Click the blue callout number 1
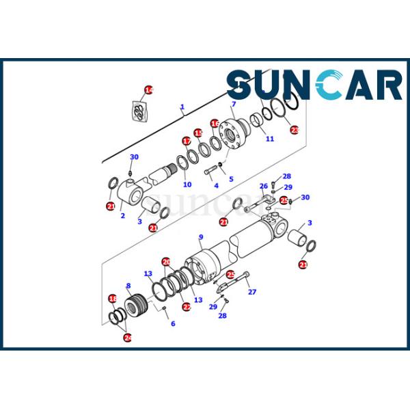pos(182,107)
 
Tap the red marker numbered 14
pos(148,90)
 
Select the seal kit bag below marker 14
pos(139,111)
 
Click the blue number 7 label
pos(234,104)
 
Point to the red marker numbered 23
pos(295,130)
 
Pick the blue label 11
pos(270,139)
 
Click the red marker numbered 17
pos(187,141)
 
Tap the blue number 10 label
pos(187,184)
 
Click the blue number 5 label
pos(231,179)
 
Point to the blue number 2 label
pos(122,216)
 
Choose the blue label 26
pos(264,186)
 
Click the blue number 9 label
pos(201,237)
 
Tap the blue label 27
pos(252,292)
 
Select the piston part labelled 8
pos(136,305)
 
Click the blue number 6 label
pos(173,323)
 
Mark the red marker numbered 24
pos(128,338)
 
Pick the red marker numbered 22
pos(187,306)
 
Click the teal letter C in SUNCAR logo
pos(329,84)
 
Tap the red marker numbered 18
pos(113,299)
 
